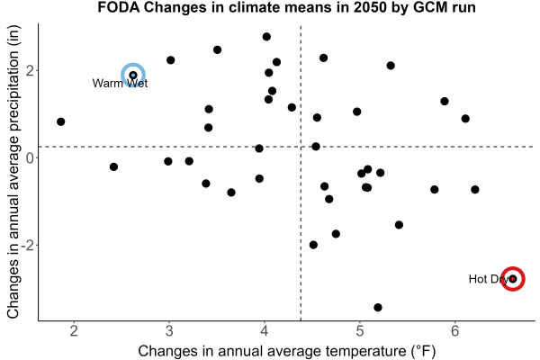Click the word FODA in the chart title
(119, 7)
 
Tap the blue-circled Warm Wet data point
(133, 75)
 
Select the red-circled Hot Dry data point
(513, 279)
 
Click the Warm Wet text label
(120, 84)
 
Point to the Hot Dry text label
(489, 279)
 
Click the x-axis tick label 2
(74, 331)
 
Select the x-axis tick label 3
(169, 331)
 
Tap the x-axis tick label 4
(264, 331)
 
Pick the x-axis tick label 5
(359, 331)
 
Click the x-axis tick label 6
(454, 331)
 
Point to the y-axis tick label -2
(27, 246)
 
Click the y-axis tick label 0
(30, 158)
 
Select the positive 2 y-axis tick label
(30, 70)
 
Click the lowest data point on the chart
(378, 307)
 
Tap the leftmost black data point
(60, 121)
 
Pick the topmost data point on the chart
(266, 37)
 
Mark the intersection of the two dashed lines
(301, 147)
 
